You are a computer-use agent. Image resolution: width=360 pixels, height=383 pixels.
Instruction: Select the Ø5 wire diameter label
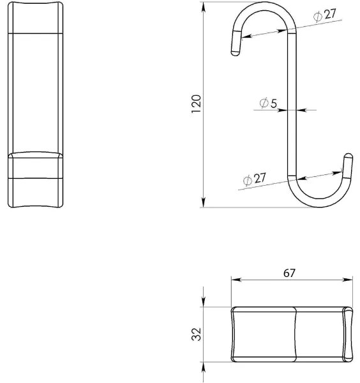coord(268,103)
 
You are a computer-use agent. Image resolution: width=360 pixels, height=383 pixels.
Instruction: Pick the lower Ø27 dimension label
coord(254,179)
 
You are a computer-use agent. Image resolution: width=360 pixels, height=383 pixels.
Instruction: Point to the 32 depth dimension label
coord(197,334)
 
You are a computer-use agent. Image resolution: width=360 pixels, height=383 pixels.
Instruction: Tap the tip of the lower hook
coord(348,156)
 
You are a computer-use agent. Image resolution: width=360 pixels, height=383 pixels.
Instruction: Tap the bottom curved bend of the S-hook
coord(319,203)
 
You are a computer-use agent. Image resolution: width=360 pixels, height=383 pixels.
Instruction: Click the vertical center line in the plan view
coord(294,335)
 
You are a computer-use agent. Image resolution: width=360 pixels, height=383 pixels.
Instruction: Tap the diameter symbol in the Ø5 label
coord(264,103)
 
